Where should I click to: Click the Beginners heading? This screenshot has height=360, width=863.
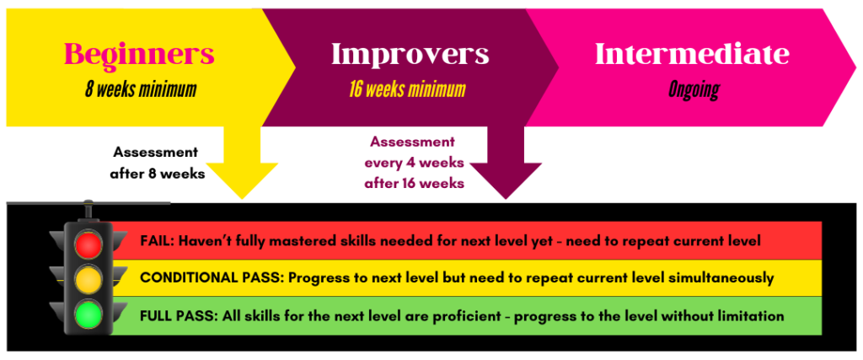click(139, 54)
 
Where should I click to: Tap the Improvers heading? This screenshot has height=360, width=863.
click(410, 54)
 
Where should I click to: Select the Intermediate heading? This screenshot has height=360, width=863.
click(693, 54)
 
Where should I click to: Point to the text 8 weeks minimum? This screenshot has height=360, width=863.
click(141, 89)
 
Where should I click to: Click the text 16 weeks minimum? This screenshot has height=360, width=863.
click(407, 89)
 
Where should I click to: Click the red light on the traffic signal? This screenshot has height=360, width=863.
click(88, 245)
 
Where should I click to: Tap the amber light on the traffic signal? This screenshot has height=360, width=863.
click(88, 278)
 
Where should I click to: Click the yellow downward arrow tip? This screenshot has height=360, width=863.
click(242, 199)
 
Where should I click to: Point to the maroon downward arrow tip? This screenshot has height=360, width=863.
click(506, 199)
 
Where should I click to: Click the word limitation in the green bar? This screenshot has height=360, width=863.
click(753, 316)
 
